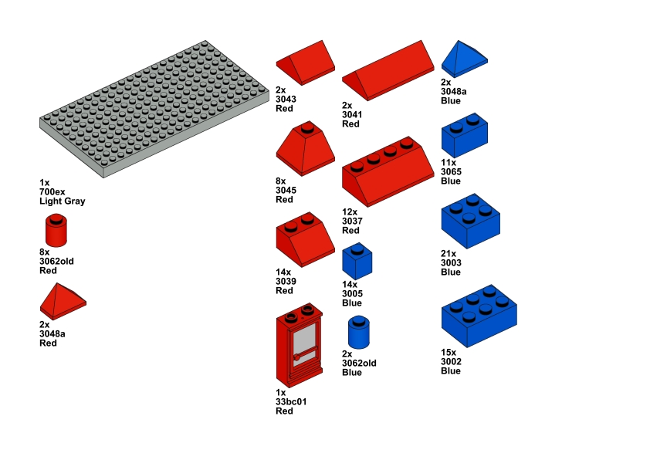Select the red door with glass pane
300,345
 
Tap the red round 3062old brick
56,230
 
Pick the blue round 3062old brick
359,332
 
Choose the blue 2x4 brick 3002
479,316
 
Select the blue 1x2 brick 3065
464,135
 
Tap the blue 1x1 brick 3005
357,261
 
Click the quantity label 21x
449,254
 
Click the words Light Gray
63,201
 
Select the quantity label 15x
449,353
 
